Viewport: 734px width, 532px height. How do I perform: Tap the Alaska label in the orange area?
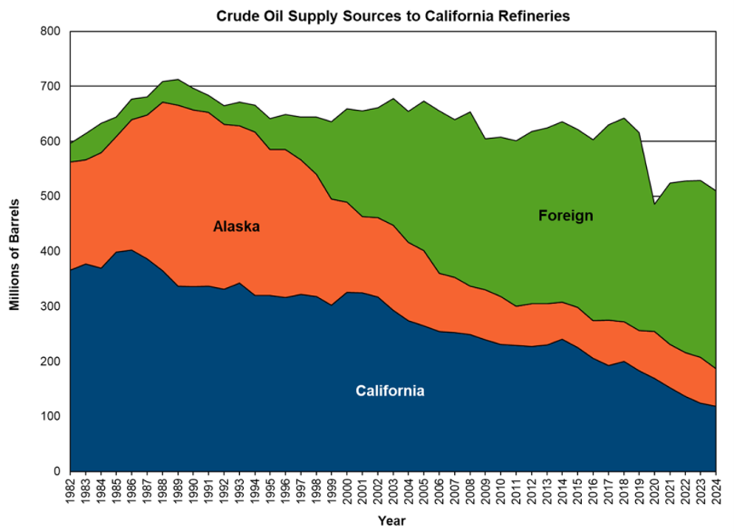236,227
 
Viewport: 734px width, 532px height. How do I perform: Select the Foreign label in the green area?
565,215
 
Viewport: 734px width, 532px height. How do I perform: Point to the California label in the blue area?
390,391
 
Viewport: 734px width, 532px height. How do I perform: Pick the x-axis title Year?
391,519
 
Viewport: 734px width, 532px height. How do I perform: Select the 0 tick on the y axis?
56,472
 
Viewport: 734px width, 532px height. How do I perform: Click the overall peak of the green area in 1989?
178,79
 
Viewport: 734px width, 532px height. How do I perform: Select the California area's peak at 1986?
132,250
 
